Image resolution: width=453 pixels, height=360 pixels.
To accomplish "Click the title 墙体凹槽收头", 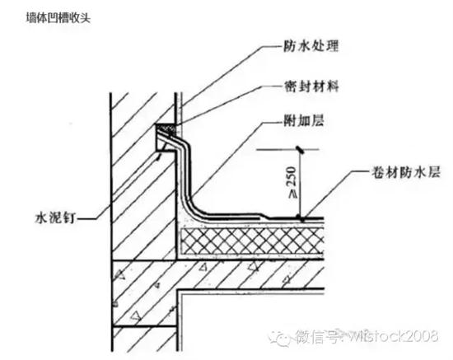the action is coord(58,18).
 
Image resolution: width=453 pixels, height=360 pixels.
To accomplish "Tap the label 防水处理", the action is coord(311,46).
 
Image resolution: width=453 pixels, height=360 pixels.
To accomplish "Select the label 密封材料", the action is coord(311,86).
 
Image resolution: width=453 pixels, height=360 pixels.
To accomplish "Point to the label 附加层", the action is coord(304,120).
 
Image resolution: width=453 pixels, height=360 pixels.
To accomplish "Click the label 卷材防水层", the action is coord(406,172).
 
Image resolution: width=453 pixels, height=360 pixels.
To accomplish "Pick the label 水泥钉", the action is coord(55,217).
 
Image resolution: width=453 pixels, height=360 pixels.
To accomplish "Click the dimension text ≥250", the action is coord(292,183).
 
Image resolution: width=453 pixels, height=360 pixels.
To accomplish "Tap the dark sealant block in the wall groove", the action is coord(166,129).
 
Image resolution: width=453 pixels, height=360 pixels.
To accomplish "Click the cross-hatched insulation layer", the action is coord(252,241).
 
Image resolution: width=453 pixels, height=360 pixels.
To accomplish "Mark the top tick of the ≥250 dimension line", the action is coord(300,149).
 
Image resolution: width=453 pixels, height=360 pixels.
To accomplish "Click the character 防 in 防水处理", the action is coord(290,46).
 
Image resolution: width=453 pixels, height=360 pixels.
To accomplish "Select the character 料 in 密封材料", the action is coord(332,86).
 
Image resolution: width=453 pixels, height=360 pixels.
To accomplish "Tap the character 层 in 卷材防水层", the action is coord(434,172).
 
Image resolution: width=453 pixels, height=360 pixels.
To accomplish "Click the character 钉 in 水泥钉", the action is coord(69,217).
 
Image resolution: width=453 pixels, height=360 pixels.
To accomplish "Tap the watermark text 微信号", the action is coord(315,337).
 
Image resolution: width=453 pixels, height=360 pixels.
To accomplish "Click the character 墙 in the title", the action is coord(31,18).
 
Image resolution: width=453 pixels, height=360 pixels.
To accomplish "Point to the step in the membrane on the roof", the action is coord(264,216).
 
